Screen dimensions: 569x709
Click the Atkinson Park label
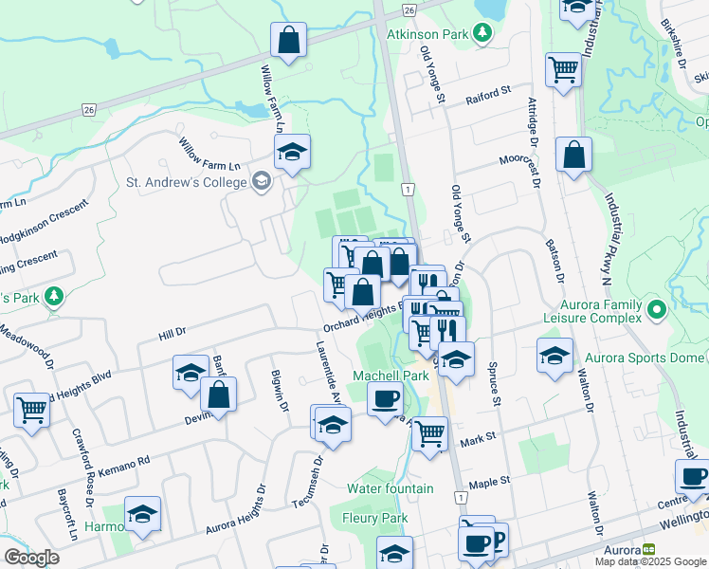point(428,32)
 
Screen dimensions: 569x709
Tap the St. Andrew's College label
point(186,181)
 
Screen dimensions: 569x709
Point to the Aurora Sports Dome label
point(644,358)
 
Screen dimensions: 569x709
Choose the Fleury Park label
point(376,518)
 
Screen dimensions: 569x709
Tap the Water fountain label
point(390,488)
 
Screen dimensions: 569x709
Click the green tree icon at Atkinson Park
point(483,33)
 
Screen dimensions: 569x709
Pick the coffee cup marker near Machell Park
point(385,399)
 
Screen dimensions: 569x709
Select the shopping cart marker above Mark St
point(430,432)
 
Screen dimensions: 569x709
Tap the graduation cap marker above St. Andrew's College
point(293,151)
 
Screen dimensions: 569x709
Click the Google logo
point(31,558)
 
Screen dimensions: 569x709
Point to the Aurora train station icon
point(649,549)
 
